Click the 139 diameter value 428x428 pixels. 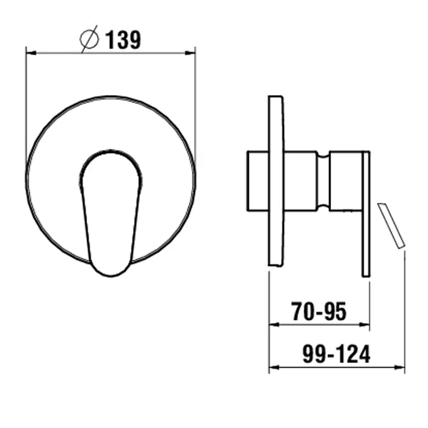(123, 39)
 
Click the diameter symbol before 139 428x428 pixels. (89, 39)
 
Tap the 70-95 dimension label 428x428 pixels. (319, 312)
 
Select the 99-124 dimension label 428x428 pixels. (336, 354)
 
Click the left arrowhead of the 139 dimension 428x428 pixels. (31, 53)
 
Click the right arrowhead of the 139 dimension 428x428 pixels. (190, 53)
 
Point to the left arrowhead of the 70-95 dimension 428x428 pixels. (274, 324)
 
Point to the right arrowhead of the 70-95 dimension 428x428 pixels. (365, 324)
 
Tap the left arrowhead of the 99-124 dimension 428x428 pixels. (274, 367)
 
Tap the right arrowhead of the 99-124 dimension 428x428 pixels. (399, 367)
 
